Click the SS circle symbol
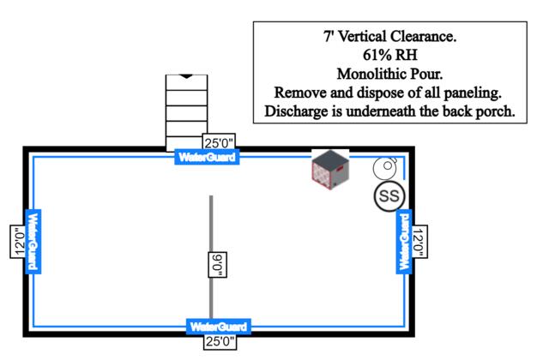(389, 195)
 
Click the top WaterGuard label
(206, 157)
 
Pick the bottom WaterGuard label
(219, 327)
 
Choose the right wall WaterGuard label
(403, 242)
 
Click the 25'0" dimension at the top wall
(219, 142)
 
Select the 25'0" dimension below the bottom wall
(219, 342)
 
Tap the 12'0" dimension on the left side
(17, 243)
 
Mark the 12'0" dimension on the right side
(419, 243)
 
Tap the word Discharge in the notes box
(296, 111)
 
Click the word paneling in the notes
(467, 93)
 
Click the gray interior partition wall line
(211, 223)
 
